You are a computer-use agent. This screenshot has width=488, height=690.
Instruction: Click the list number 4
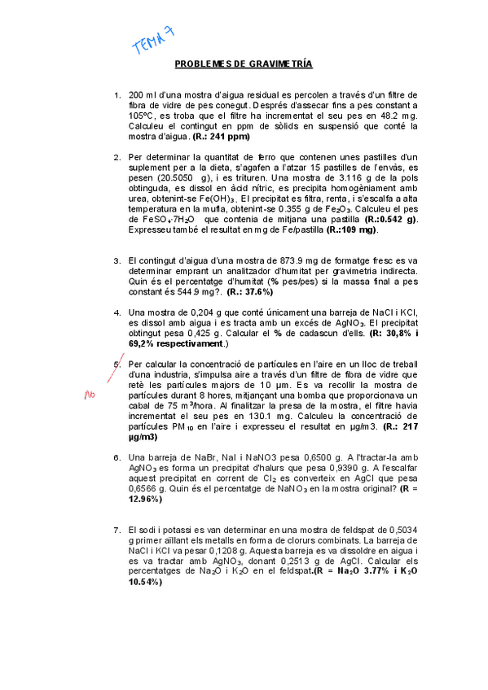pyautogui.click(x=117, y=312)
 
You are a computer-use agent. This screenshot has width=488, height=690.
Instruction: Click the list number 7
pyautogui.click(x=117, y=531)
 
